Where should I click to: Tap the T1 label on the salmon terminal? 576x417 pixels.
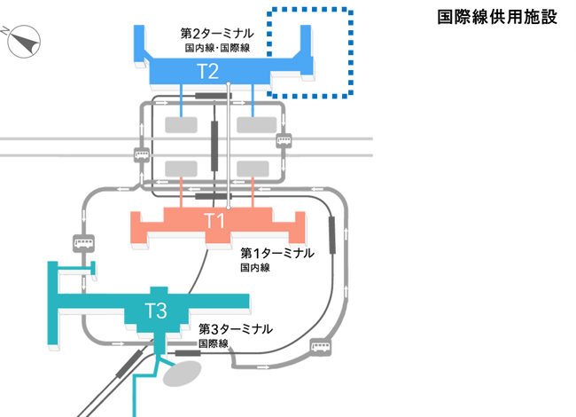(214, 221)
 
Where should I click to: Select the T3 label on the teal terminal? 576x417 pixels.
(157, 310)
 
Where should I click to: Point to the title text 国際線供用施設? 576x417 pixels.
(497, 17)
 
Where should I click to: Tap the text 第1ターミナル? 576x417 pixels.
(277, 253)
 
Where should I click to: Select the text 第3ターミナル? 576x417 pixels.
(236, 328)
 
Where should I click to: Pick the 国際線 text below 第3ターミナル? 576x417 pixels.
(214, 342)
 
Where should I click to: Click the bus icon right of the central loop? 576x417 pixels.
(284, 139)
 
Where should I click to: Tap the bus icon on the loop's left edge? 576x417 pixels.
(141, 154)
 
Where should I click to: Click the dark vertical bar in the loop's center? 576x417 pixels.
(214, 145)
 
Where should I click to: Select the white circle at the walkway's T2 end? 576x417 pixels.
(229, 83)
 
